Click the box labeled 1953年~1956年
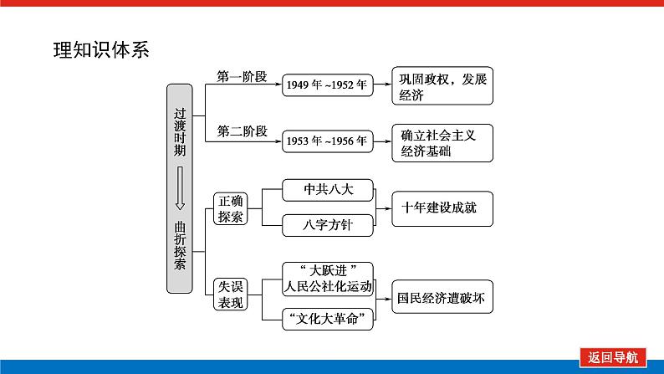[326, 141]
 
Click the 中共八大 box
[318, 190]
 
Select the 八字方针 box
[318, 224]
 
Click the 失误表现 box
[230, 295]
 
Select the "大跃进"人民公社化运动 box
[317, 278]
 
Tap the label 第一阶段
[242, 77]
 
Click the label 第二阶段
[242, 131]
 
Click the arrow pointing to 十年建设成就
[383, 207]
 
